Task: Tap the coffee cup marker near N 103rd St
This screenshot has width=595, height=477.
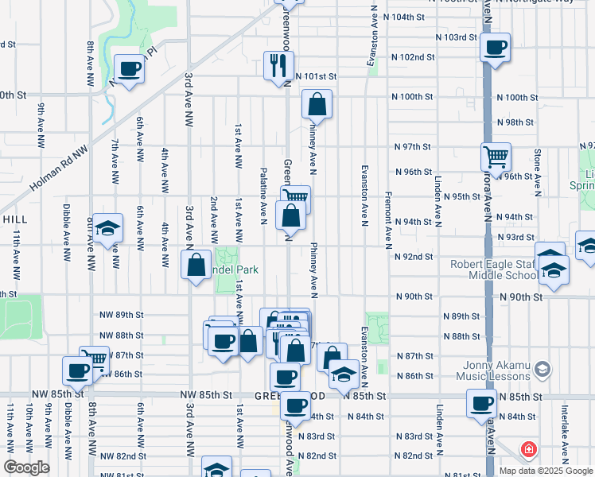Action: tap(496, 48)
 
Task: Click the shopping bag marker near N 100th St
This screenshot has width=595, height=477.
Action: tap(317, 103)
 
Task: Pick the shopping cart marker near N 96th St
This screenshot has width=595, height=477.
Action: tap(496, 157)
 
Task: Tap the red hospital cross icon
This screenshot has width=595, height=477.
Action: tap(527, 450)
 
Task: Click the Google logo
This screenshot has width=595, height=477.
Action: tap(26, 467)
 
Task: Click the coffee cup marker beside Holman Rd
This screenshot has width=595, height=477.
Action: tap(129, 68)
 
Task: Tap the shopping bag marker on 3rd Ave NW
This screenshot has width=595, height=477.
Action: tap(196, 266)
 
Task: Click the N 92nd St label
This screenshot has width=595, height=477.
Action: tap(413, 257)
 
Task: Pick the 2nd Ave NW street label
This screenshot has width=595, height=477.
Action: tap(213, 219)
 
